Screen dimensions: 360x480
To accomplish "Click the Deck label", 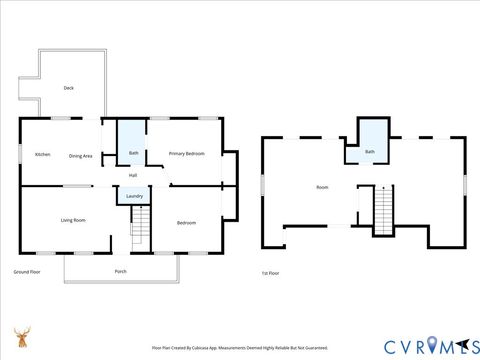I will (69, 88).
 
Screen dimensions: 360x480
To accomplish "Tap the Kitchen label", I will (43, 154).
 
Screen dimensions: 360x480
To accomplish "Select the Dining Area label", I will (81, 155).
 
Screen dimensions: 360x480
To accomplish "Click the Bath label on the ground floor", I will (133, 153).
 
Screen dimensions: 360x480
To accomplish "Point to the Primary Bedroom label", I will (187, 153).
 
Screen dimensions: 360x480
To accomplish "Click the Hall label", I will (132, 175).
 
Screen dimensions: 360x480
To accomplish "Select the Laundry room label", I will (133, 196).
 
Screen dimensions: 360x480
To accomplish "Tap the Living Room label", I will (73, 220).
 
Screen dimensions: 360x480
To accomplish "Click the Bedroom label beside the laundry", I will (186, 222).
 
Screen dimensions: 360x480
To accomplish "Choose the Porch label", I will (121, 271).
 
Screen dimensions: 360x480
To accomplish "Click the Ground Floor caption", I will (27, 271).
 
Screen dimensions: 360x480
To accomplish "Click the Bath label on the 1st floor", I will (370, 152).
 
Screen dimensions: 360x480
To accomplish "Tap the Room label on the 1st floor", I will (322, 187).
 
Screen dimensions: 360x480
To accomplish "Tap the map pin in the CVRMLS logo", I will (432, 346).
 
